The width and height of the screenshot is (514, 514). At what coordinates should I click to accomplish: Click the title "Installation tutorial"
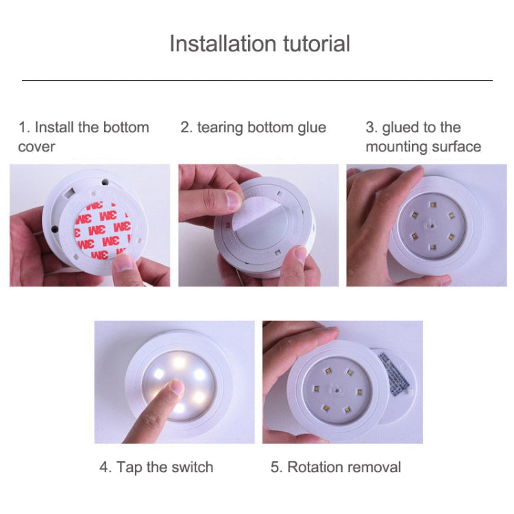(259, 44)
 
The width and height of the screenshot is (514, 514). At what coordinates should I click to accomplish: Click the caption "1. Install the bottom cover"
(83, 136)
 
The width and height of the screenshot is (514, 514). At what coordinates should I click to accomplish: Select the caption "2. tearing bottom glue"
(253, 127)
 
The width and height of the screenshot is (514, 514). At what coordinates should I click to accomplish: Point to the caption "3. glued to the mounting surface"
(423, 136)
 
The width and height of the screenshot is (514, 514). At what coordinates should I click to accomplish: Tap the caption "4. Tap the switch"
(156, 467)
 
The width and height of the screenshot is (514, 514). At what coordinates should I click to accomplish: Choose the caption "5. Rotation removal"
(336, 467)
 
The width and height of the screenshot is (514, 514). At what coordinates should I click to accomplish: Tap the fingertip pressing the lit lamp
(176, 389)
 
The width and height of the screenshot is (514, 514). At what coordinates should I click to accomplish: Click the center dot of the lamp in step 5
(336, 389)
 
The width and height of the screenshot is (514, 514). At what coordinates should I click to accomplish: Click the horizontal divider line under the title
(257, 81)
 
